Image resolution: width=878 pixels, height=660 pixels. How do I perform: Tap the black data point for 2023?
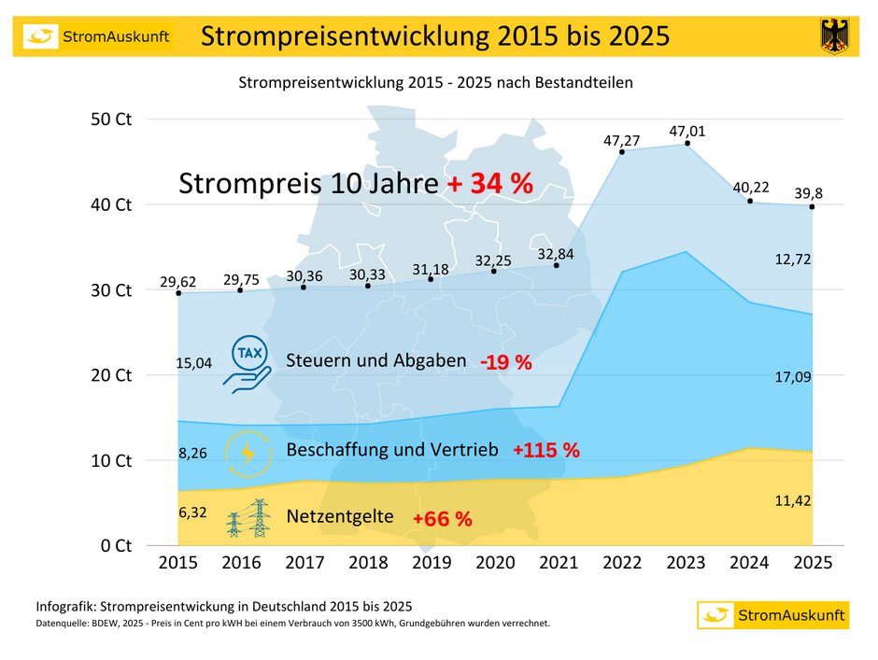click(687, 143)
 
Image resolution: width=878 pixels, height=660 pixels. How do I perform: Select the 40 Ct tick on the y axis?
click(111, 204)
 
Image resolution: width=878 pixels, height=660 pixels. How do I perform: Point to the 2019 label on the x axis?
click(431, 564)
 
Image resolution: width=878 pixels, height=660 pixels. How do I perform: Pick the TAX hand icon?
click(248, 363)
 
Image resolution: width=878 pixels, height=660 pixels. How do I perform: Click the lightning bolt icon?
click(248, 452)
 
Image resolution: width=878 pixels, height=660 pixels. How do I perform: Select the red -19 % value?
click(505, 363)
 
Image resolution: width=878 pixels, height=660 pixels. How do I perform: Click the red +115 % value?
click(546, 450)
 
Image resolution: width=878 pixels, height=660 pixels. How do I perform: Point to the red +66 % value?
click(442, 518)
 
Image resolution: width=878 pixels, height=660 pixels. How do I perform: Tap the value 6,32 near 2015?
click(192, 513)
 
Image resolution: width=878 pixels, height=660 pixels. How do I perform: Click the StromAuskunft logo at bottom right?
click(772, 615)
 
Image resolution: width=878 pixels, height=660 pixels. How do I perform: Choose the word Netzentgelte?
click(340, 516)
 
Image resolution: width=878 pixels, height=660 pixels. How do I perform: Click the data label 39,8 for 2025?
click(810, 192)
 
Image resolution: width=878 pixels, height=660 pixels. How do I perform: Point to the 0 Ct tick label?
click(116, 545)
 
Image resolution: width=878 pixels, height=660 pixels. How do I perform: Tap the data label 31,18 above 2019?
click(431, 270)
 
